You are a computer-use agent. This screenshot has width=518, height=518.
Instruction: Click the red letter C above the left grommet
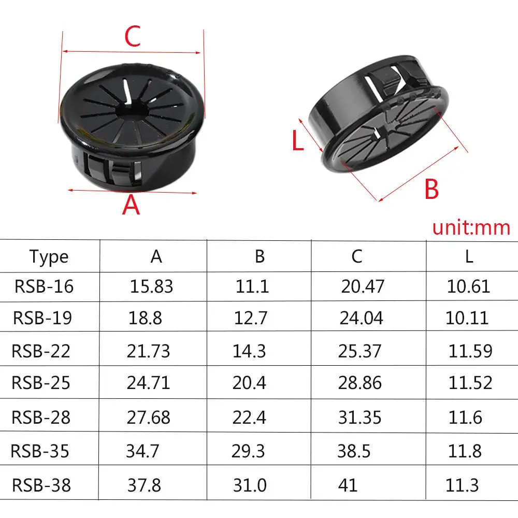pos(133,37)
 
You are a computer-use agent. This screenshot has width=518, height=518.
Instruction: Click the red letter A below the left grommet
pos(131,206)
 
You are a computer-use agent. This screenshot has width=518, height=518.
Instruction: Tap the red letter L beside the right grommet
pos(297,141)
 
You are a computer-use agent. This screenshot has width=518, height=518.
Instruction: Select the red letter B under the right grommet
pos(431,190)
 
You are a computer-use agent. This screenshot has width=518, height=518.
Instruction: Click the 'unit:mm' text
pos(471,227)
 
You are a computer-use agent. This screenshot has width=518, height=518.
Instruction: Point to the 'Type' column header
pos(49,256)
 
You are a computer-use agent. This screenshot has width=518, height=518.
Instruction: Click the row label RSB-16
pos(44,286)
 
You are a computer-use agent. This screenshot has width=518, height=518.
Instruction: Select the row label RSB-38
pos(41,485)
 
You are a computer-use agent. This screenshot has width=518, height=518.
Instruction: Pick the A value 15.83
pos(152,286)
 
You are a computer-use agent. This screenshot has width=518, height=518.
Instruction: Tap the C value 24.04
pos(361,318)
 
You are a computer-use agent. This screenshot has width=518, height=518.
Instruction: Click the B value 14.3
pos(249,351)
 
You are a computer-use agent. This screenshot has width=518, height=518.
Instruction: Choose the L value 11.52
pos(470,383)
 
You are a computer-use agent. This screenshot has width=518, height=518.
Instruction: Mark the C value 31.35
pos(359,417)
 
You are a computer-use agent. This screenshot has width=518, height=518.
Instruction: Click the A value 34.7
pos(142,451)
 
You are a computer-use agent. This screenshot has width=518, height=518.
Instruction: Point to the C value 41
pos(347,485)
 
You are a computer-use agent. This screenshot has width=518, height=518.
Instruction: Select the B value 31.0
pos(249,485)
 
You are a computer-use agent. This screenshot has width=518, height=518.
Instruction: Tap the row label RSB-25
pos(41,383)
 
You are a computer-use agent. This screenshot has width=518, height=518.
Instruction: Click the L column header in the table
pos(469,256)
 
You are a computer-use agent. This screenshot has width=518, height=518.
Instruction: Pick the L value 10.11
pos(467,318)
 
